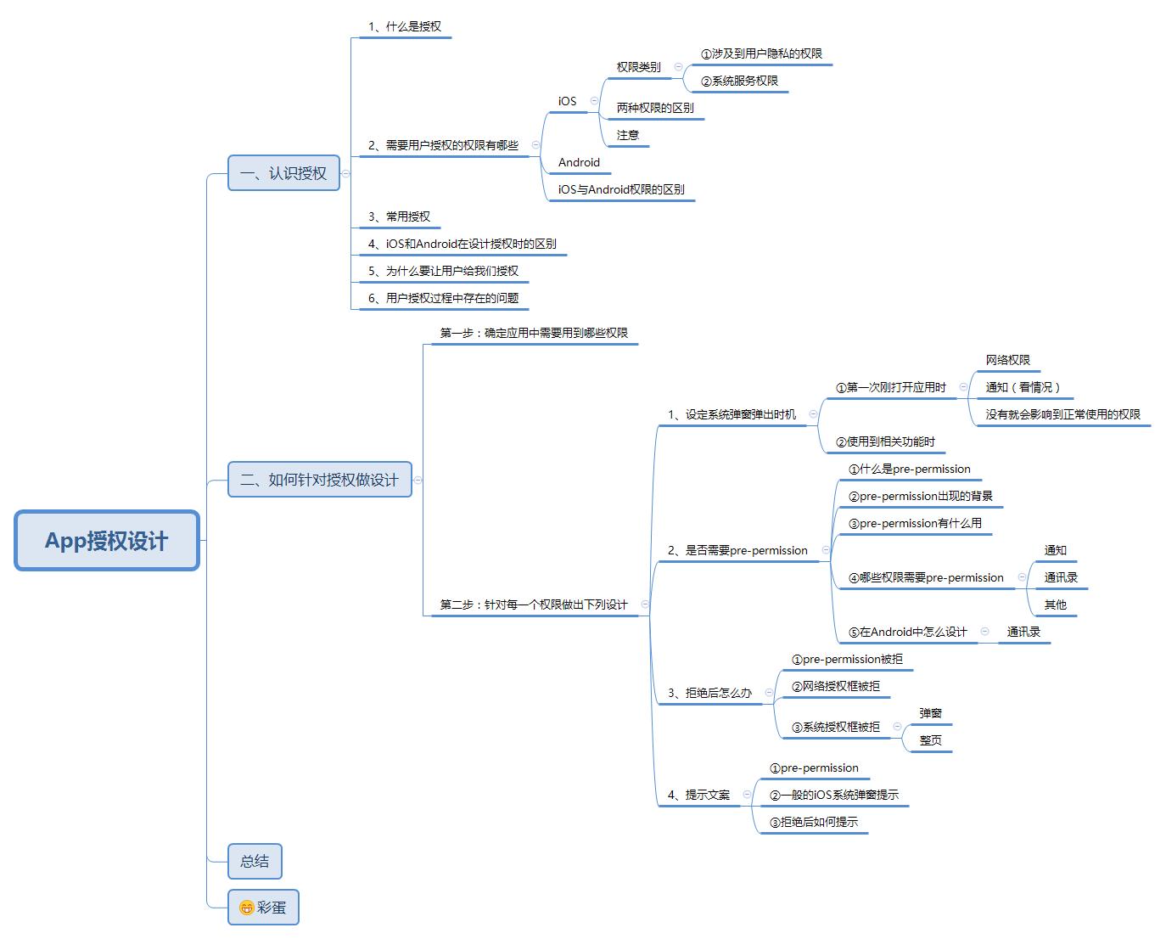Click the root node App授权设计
click(x=107, y=541)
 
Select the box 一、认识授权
click(x=283, y=173)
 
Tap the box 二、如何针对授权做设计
click(x=320, y=479)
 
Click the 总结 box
click(x=255, y=861)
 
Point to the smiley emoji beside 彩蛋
click(x=247, y=907)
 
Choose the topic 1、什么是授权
click(x=405, y=26)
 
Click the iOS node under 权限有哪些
click(x=567, y=101)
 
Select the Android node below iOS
click(x=579, y=162)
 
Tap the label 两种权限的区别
click(x=655, y=108)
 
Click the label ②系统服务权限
click(x=739, y=81)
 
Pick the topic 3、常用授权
click(x=399, y=216)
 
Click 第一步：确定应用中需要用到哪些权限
click(x=534, y=332)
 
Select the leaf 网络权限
click(x=1008, y=360)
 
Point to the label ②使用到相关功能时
click(x=885, y=441)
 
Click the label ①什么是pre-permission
click(x=909, y=469)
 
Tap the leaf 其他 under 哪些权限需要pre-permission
click(x=1055, y=604)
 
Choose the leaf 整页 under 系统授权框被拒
click(x=930, y=740)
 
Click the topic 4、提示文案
click(x=698, y=795)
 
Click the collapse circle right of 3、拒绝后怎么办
click(x=769, y=692)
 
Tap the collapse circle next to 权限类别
click(x=678, y=67)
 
